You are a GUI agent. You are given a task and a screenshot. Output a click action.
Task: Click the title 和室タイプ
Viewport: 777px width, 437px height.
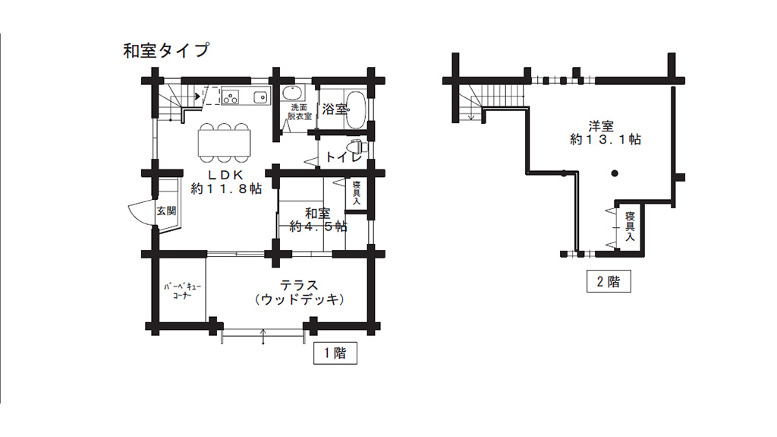point(166,51)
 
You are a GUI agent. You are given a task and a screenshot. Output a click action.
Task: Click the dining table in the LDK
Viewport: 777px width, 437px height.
point(224,143)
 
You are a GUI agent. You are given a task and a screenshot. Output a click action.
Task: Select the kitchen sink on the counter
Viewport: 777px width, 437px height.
point(260,97)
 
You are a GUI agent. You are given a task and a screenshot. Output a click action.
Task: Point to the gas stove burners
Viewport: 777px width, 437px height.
point(230,97)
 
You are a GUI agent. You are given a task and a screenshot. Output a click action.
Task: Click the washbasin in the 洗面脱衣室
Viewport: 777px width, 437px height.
point(291,94)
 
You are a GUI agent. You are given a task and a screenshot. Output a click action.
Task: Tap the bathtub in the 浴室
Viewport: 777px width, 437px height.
point(353,109)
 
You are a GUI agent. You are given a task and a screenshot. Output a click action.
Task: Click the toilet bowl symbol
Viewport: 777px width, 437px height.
point(354,145)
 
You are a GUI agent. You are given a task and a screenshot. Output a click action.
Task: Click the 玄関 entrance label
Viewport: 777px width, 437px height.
point(165,211)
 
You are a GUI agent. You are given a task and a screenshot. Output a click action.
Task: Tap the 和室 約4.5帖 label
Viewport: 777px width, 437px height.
point(316,220)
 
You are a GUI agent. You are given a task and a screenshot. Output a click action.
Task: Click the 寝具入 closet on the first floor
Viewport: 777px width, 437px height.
point(356,193)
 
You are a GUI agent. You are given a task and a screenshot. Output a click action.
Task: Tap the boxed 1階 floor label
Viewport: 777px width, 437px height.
point(335,353)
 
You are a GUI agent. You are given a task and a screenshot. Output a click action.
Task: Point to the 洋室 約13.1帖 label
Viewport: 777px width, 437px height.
point(605,133)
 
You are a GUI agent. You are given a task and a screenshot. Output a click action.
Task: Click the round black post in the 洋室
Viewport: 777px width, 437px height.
point(615,174)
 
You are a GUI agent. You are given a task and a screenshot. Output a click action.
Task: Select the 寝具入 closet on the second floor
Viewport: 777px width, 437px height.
point(629,226)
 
